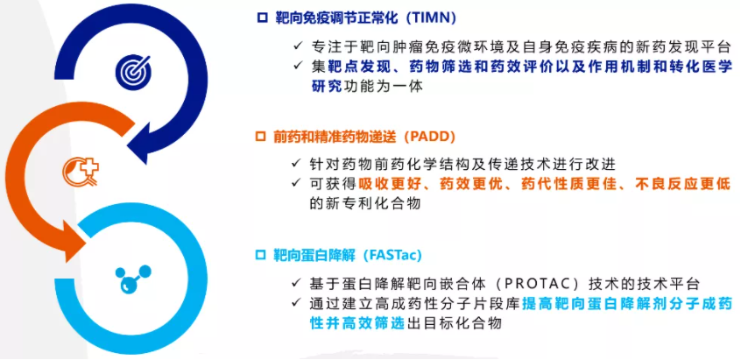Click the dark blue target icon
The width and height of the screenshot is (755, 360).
coord(133,71)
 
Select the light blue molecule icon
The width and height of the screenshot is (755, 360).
coord(133,279)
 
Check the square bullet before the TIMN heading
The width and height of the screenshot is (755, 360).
coord(262,18)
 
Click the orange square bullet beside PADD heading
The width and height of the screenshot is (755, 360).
coord(260,138)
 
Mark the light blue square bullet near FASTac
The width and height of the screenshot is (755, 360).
coord(260,255)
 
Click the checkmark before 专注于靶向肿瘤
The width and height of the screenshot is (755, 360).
coord(298,46)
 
